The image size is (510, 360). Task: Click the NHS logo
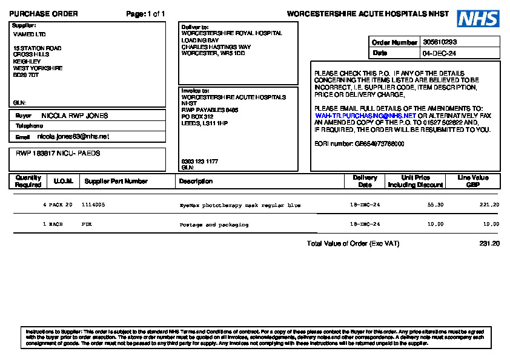tap(478, 19)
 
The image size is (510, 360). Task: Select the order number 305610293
tap(440, 42)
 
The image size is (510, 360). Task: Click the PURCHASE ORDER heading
tap(44, 14)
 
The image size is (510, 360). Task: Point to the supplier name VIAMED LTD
tap(29, 34)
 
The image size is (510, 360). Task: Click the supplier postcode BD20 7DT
tap(26, 75)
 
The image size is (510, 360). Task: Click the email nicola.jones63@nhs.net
tap(73, 137)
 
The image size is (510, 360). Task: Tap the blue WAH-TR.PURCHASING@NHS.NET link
tap(365, 115)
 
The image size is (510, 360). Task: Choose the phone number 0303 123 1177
tap(199, 162)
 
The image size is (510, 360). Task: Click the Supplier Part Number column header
tap(116, 181)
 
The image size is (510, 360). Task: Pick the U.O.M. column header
tap(64, 181)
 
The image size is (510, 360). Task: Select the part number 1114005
tap(93, 205)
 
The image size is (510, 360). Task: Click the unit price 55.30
tap(435, 205)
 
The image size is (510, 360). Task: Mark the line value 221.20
tap(489, 205)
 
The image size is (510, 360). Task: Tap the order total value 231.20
tap(489, 244)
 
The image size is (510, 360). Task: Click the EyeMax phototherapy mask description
tap(240, 205)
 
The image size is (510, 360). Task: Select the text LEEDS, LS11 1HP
tap(205, 123)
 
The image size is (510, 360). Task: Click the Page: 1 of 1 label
tap(145, 14)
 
